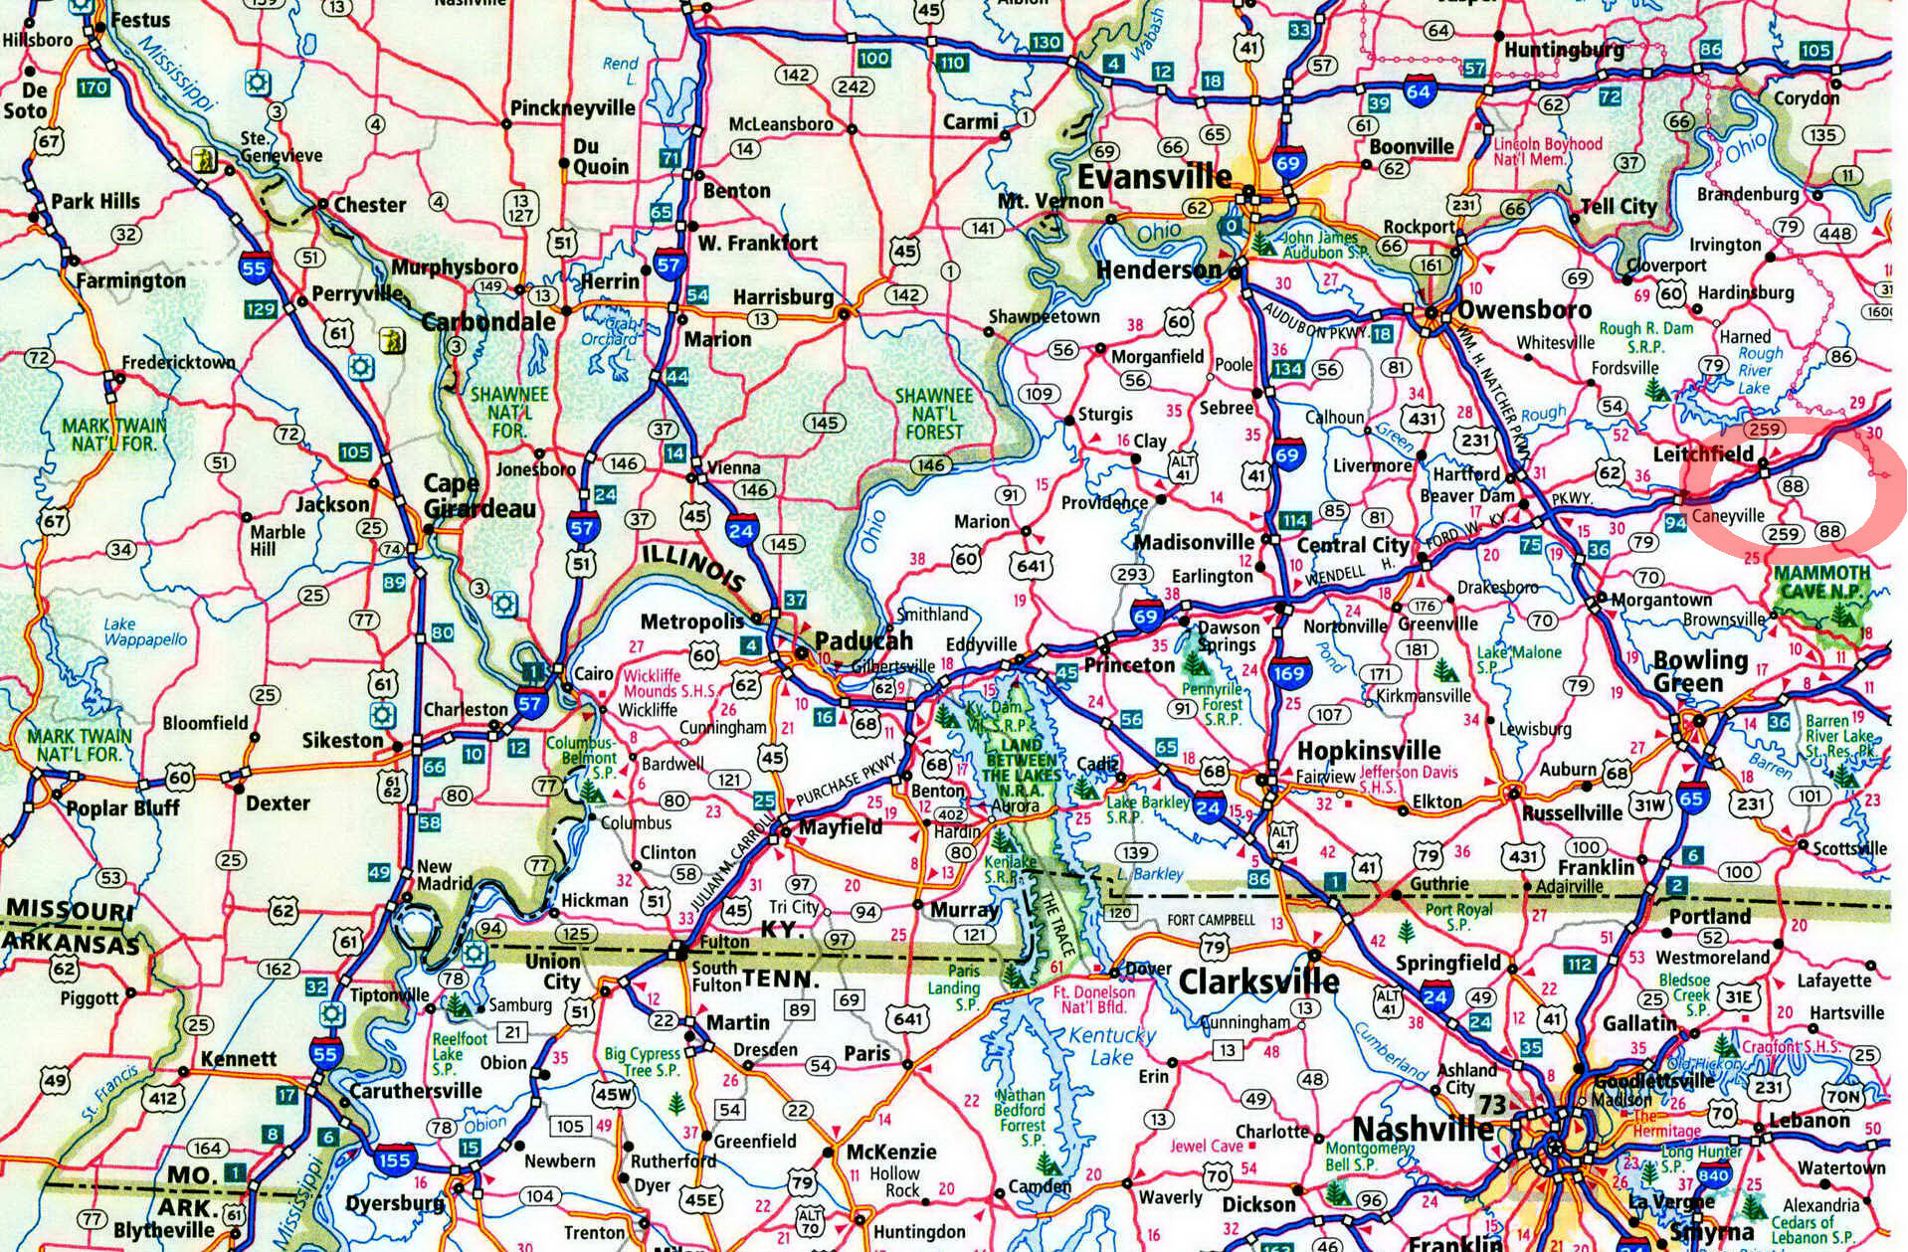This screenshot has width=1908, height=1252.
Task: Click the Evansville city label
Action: [x=1155, y=178]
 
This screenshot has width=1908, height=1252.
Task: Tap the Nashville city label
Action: [x=1422, y=1129]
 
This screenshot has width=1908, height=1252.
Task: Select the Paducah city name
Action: [x=862, y=640]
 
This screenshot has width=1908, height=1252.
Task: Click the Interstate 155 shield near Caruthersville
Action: [x=394, y=1160]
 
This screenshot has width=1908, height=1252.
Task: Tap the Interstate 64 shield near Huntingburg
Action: [x=1419, y=90]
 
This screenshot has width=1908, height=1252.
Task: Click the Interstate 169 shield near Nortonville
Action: [x=1288, y=673]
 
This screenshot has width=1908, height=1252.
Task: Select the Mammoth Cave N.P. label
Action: [x=1821, y=583]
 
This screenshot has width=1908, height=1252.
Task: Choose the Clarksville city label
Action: [x=1258, y=982]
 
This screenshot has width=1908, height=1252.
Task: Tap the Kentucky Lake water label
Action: [x=1111, y=1046]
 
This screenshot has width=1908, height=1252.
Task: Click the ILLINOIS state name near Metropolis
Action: [x=691, y=569]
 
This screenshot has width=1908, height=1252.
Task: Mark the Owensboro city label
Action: [x=1524, y=310]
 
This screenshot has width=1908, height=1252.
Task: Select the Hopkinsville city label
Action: [x=1368, y=751]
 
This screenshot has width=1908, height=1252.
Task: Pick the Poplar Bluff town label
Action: [x=122, y=806]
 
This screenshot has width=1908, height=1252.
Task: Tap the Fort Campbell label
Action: [x=1211, y=920]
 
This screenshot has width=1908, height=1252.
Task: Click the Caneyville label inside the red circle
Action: [x=1727, y=515]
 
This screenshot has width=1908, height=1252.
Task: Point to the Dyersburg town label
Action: [x=394, y=1203]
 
